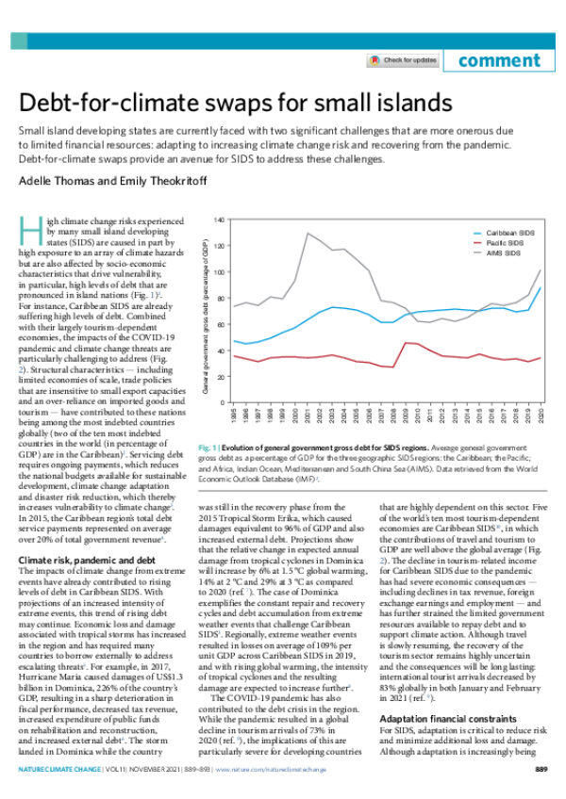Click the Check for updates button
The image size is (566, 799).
[x=403, y=60]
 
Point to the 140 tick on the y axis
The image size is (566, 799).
[x=218, y=220]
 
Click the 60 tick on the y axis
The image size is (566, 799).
[x=220, y=325]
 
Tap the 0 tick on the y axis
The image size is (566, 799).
[x=222, y=403]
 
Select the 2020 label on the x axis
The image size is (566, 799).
[x=539, y=418]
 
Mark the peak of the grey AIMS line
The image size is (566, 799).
[x=308, y=233]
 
